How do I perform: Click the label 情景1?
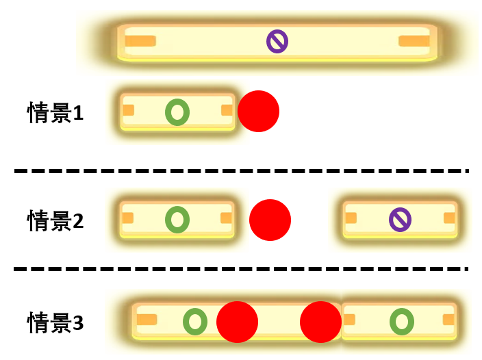tap(55, 112)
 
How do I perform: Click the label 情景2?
tap(55, 220)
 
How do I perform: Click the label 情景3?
tap(55, 322)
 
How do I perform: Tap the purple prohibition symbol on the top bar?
tap(277, 42)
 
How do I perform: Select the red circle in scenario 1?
tap(258, 111)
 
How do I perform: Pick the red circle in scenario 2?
tap(270, 220)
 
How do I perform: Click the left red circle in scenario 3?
tap(237, 322)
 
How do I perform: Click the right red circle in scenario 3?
tap(320, 322)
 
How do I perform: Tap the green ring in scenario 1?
tap(177, 112)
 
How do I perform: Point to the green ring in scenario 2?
tap(177, 220)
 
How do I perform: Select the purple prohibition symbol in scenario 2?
tap(400, 220)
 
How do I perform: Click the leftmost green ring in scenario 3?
tap(195, 321)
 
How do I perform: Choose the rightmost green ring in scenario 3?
tap(401, 321)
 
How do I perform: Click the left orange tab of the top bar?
tap(140, 41)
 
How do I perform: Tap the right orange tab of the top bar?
tap(414, 41)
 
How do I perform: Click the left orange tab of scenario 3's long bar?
tap(147, 320)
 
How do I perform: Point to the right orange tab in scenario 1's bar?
tap(227, 110)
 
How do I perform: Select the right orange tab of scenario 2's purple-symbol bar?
tap(449, 218)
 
